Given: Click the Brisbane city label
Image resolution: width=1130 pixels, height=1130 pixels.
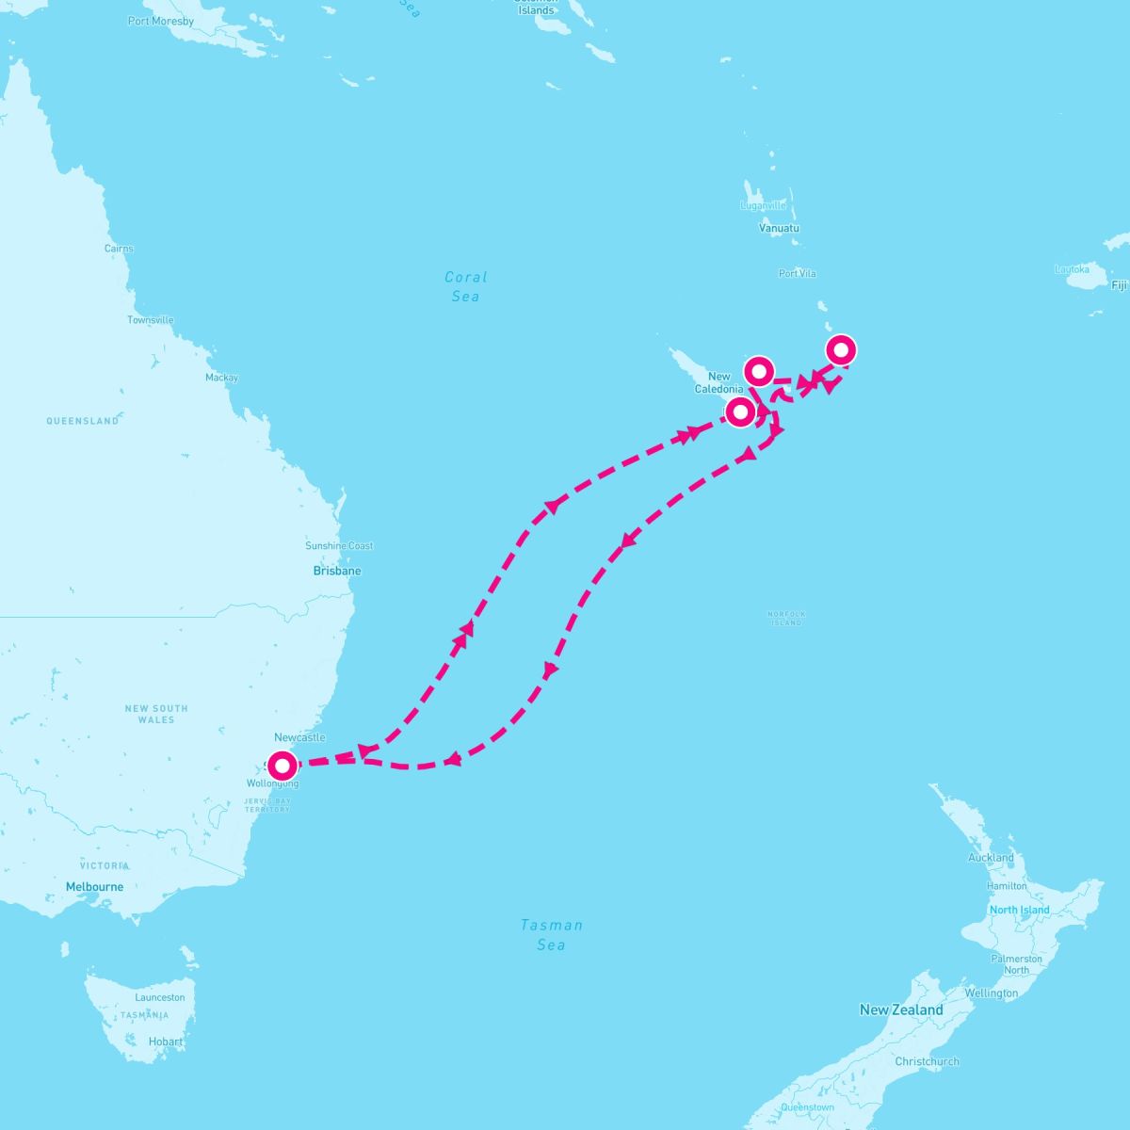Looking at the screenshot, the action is pyautogui.click(x=337, y=571).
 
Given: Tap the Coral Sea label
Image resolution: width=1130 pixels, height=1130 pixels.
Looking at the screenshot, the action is pyautogui.click(x=465, y=286).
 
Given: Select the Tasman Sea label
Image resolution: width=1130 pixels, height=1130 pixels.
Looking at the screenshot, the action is pyautogui.click(x=552, y=934).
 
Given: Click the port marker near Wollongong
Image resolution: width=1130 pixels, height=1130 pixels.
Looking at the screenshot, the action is pyautogui.click(x=282, y=766).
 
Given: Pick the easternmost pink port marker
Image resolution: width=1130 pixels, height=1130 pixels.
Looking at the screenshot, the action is pyautogui.click(x=841, y=350).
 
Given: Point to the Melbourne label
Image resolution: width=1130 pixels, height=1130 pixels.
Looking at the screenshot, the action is pyautogui.click(x=94, y=887).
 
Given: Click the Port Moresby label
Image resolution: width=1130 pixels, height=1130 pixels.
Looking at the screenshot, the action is pyautogui.click(x=161, y=21).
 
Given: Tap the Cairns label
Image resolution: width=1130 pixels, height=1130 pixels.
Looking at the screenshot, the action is pyautogui.click(x=119, y=249).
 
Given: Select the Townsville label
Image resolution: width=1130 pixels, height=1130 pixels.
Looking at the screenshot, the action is pyautogui.click(x=151, y=320).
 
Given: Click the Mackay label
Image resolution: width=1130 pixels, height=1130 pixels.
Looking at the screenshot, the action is pyautogui.click(x=222, y=378).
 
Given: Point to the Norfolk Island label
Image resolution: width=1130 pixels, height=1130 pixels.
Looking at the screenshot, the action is pyautogui.click(x=786, y=618).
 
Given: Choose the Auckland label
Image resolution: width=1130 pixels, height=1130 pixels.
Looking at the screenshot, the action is pyautogui.click(x=991, y=858).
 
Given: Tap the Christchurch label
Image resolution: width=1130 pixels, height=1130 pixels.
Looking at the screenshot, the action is pyautogui.click(x=928, y=1061).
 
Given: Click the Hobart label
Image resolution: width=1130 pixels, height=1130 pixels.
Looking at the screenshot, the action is pyautogui.click(x=166, y=1041).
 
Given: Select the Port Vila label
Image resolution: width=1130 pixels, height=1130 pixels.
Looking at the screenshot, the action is pyautogui.click(x=798, y=274).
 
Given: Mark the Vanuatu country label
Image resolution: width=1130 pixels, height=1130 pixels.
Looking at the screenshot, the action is pyautogui.click(x=779, y=228).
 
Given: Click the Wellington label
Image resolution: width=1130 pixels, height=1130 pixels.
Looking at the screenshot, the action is pyautogui.click(x=991, y=993).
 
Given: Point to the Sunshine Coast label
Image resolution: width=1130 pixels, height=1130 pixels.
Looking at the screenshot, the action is pyautogui.click(x=339, y=546).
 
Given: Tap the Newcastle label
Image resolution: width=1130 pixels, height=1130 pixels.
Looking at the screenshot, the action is pyautogui.click(x=299, y=737).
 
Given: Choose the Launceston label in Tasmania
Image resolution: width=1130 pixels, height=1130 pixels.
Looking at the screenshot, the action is pyautogui.click(x=160, y=997).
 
